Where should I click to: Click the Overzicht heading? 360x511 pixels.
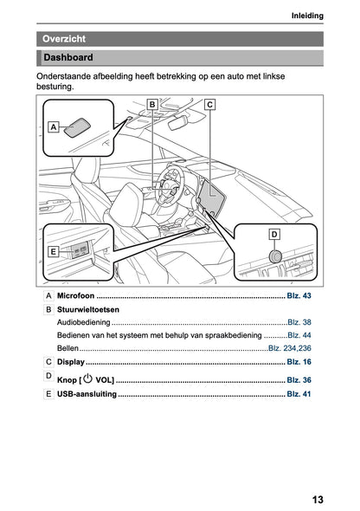(64, 39)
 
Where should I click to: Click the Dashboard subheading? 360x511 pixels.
(68, 57)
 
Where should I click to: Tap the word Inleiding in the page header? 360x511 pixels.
(307, 16)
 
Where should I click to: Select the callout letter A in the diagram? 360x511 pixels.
(54, 126)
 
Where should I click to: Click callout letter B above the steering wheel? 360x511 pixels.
(152, 105)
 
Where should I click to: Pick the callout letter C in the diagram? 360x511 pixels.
(209, 105)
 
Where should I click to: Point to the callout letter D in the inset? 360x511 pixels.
(274, 235)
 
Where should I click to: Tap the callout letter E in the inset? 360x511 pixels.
(53, 251)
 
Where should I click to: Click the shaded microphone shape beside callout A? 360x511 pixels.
(77, 127)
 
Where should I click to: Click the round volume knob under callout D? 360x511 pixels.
(276, 256)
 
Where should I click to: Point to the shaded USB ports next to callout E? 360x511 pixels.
(80, 250)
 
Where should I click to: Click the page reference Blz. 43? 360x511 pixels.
(299, 295)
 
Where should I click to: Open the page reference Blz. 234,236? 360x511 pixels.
(290, 348)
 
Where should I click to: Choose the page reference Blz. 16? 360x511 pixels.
(299, 362)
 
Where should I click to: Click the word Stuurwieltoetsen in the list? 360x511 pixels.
(88, 309)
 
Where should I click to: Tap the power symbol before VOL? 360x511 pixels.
(87, 378)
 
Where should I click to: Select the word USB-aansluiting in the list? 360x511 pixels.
(87, 394)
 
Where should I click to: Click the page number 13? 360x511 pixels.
(318, 500)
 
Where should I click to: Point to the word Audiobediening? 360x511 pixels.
(84, 322)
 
